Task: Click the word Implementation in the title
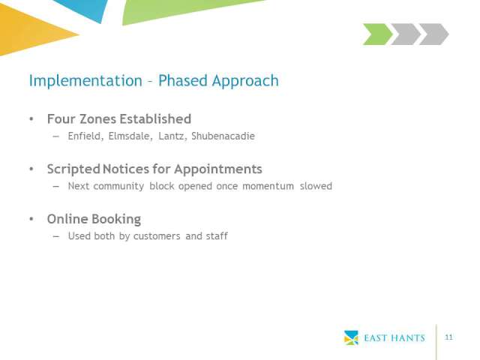point(85,81)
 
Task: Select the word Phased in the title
point(183,80)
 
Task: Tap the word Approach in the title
point(245,82)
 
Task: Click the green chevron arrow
point(377,34)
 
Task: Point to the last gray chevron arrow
point(433,34)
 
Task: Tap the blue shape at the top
point(82,10)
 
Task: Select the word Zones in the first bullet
point(99,119)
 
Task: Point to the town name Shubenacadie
point(223,136)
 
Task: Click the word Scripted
point(73,169)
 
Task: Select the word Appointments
point(218,169)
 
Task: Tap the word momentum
point(268,186)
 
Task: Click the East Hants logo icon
point(351,337)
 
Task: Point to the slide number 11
point(448,337)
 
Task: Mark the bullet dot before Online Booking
point(31,219)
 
